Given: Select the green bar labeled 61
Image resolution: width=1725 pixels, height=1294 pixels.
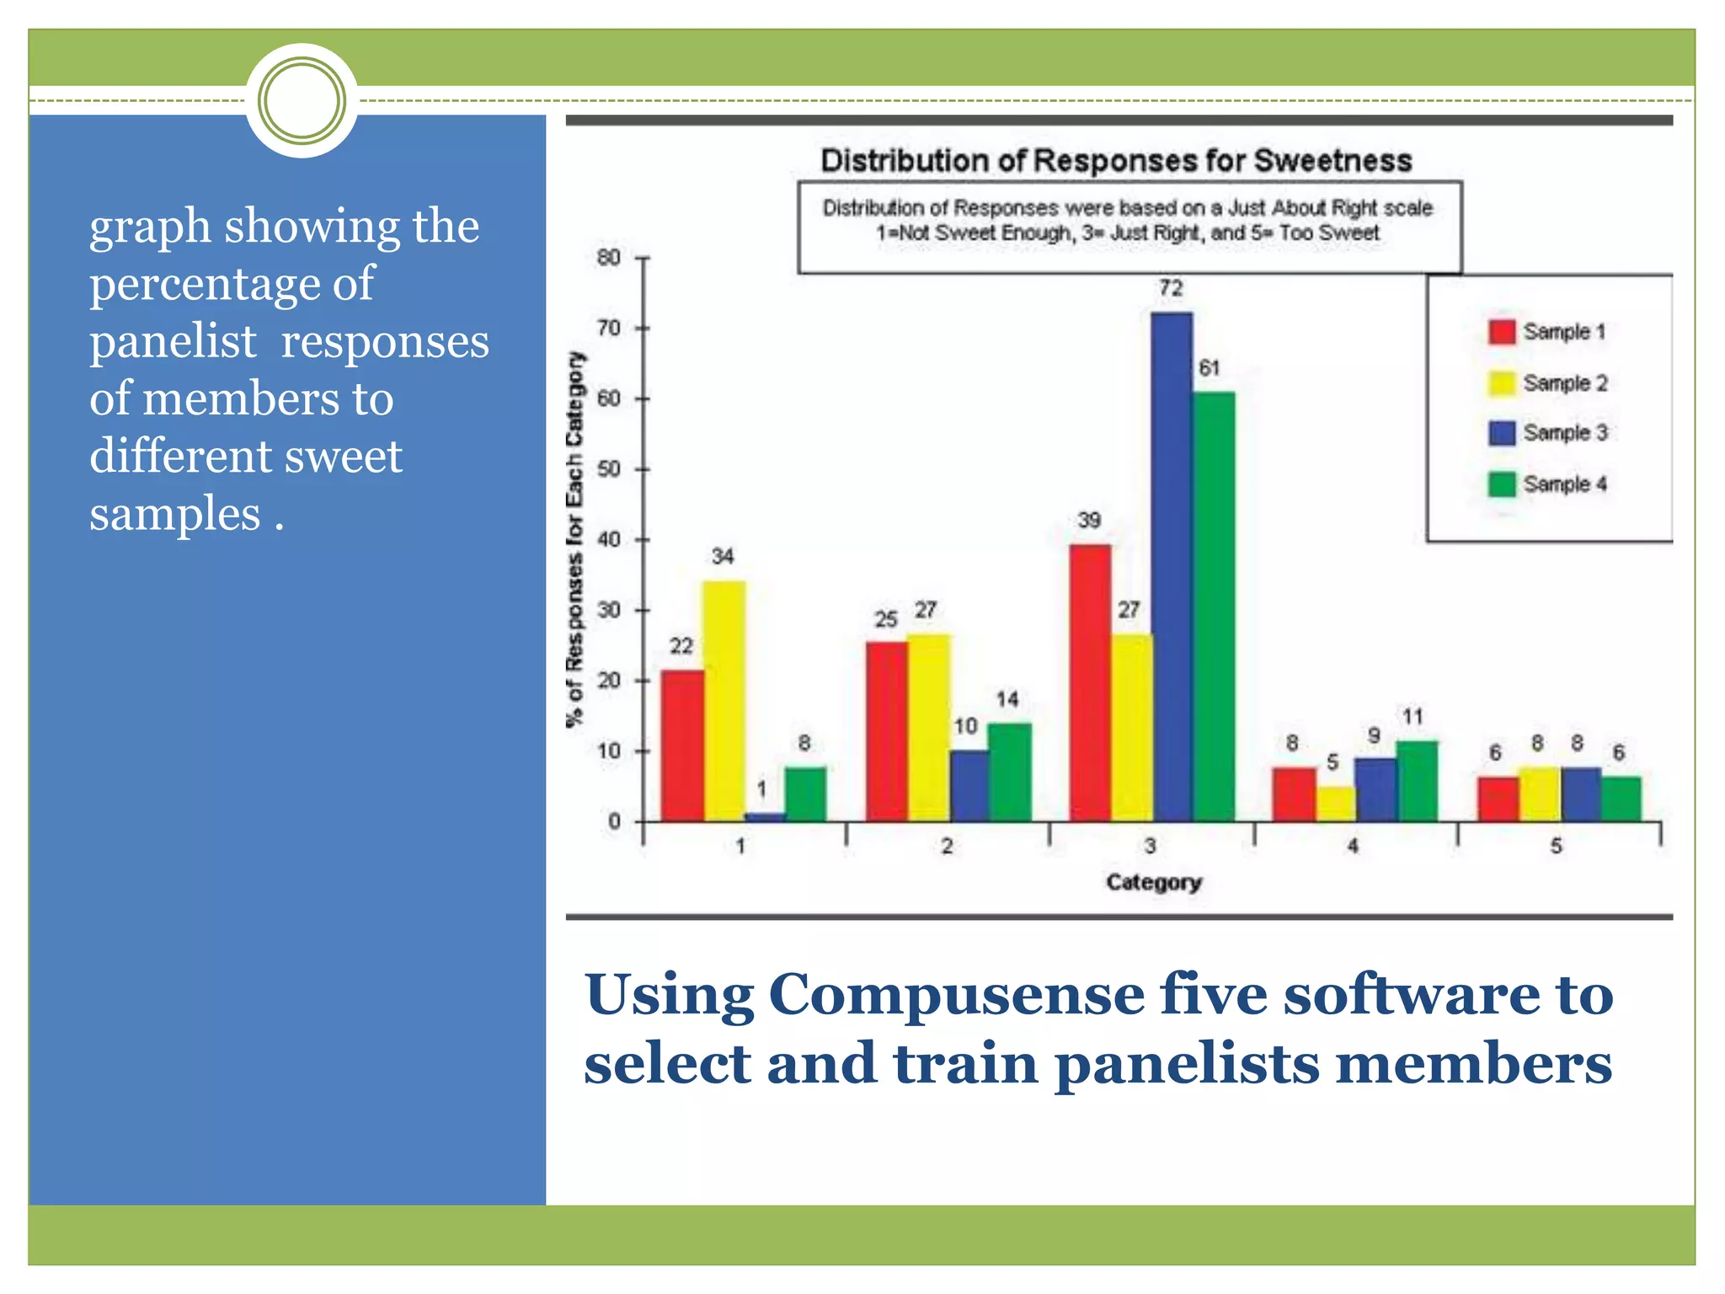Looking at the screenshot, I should pyautogui.click(x=1214, y=606).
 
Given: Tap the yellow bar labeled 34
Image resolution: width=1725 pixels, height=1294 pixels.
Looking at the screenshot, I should pyautogui.click(x=724, y=700).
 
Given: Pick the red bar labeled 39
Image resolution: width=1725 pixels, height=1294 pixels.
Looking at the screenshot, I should pyautogui.click(x=1090, y=682).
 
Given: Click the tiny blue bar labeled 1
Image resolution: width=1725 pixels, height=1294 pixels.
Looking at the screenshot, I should pyautogui.click(x=765, y=816).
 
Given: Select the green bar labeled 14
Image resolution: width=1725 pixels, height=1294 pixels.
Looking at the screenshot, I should pyautogui.click(x=1009, y=772).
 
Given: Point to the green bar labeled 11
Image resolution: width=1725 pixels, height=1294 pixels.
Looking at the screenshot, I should pyautogui.click(x=1417, y=781).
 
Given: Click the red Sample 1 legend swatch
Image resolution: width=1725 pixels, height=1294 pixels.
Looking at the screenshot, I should pyautogui.click(x=1502, y=332).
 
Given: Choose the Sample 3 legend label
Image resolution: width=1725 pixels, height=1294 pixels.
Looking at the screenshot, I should pyautogui.click(x=1565, y=433).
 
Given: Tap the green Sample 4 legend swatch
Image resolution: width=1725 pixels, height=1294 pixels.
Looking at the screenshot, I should pyautogui.click(x=1502, y=484).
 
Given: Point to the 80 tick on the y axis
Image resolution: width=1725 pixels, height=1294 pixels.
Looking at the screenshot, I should pyautogui.click(x=609, y=258).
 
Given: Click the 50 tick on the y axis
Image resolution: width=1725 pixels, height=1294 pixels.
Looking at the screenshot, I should pyautogui.click(x=609, y=469).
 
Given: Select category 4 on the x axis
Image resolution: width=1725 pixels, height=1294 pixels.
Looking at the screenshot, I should pyautogui.click(x=1353, y=846).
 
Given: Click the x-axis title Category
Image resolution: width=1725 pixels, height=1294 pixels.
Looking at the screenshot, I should pyautogui.click(x=1153, y=882).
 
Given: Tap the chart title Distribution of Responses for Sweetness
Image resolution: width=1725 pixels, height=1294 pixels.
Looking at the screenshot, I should pyautogui.click(x=1115, y=160).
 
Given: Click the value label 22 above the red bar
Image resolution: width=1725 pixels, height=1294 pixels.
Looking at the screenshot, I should pyautogui.click(x=681, y=646).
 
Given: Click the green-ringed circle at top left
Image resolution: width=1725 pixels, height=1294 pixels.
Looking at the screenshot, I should pyautogui.click(x=302, y=101).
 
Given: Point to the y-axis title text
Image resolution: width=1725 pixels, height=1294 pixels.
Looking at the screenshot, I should pyautogui.click(x=575, y=539).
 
